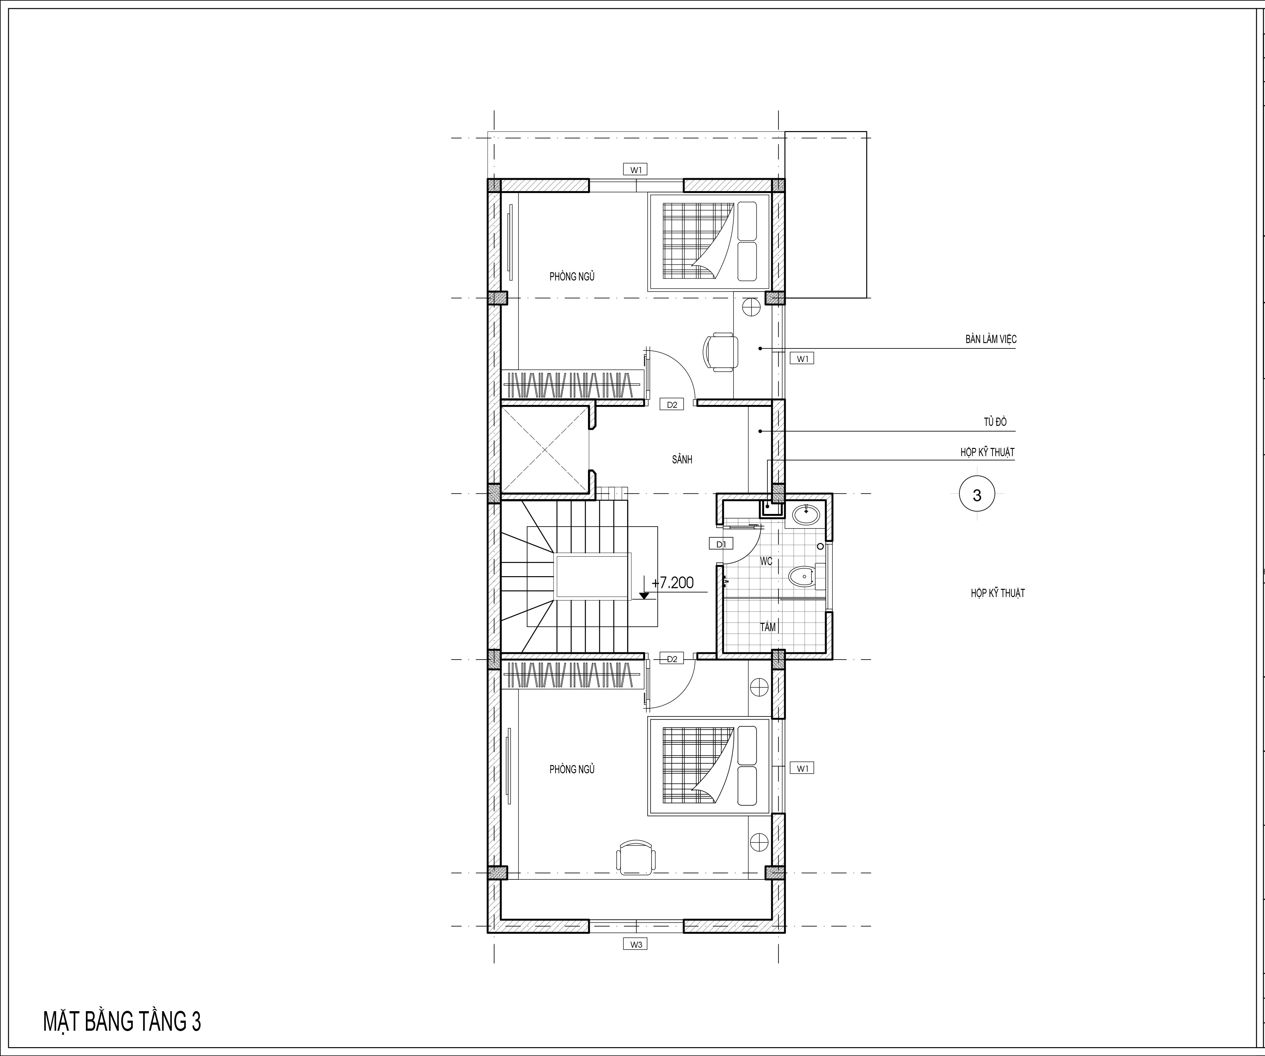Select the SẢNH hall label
[682, 459]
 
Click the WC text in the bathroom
[766, 561]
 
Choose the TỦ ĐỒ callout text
[995, 422]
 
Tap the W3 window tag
[636, 944]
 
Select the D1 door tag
[721, 544]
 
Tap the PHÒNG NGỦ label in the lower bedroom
[572, 769]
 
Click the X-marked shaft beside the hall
[544, 450]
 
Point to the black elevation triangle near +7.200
[644, 595]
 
